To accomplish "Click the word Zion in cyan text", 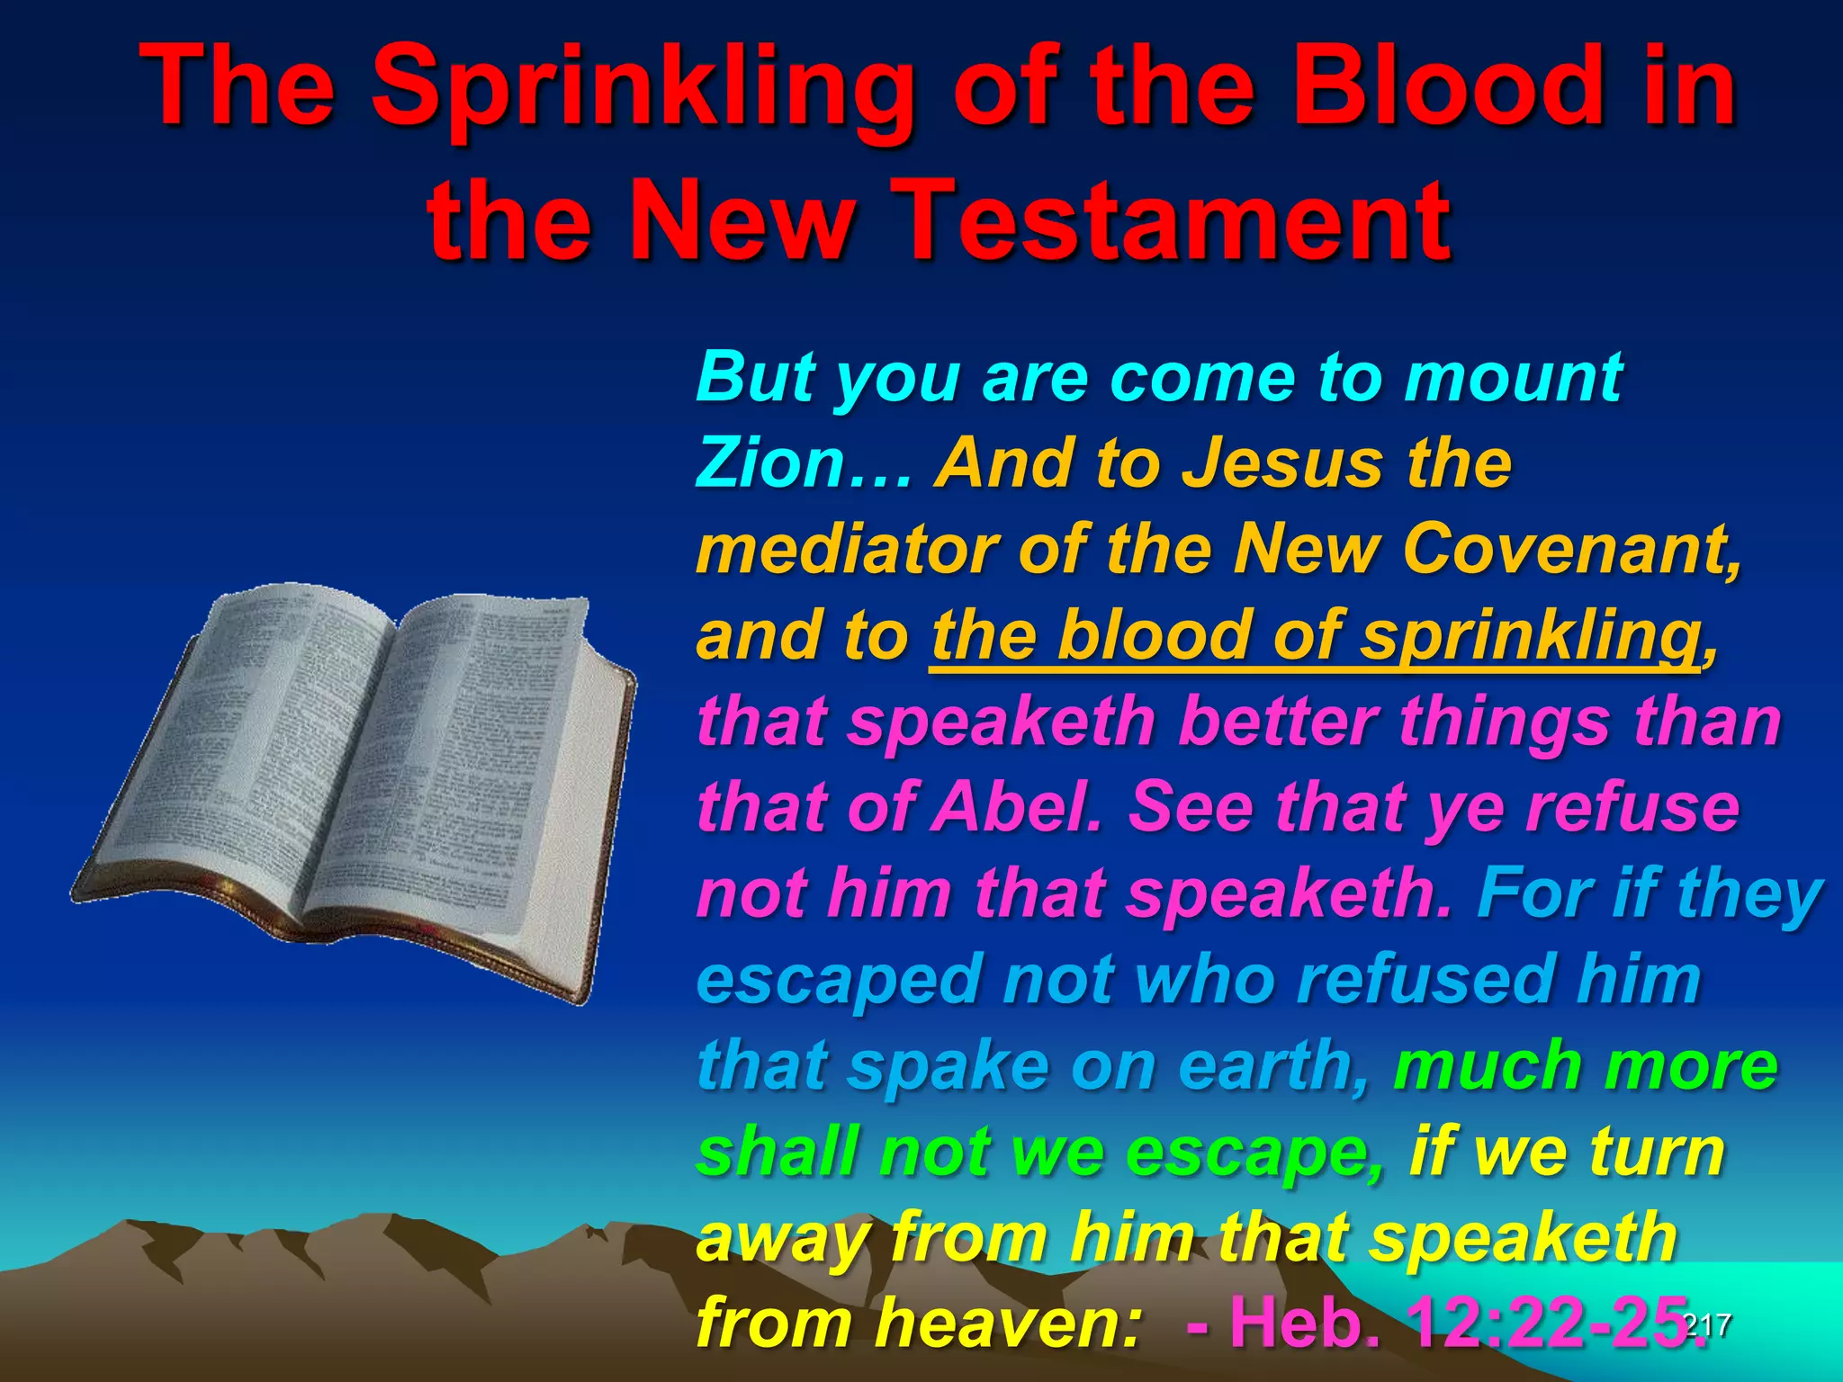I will click(769, 463).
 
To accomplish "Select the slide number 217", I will click(1706, 1324).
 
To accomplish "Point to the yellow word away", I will click(782, 1238).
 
